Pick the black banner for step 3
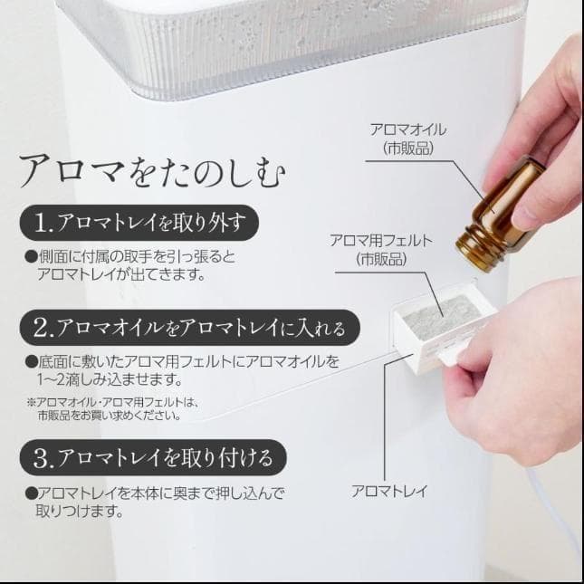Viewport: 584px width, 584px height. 150,455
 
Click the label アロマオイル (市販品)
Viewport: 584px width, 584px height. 408,138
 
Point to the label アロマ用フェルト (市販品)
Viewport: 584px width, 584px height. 381,249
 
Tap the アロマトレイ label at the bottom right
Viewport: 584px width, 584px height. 389,493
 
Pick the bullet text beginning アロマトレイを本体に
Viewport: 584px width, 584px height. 154,503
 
